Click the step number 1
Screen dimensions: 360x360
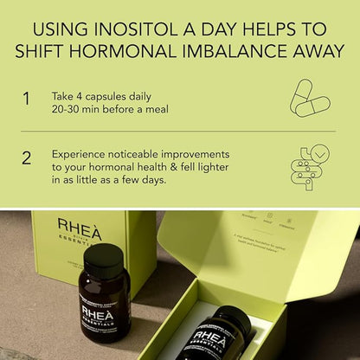(26, 99)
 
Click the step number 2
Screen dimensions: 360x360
(26, 157)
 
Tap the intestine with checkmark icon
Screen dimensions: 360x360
(309, 167)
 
